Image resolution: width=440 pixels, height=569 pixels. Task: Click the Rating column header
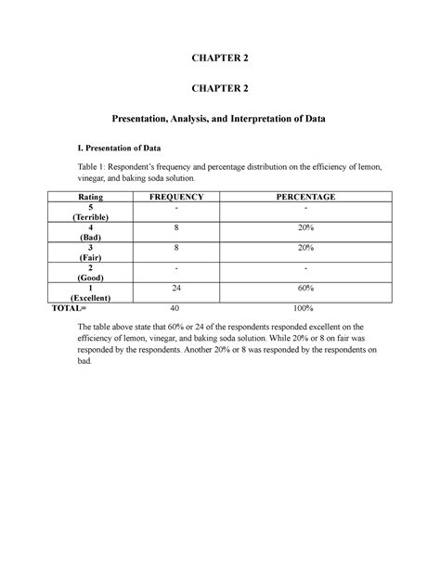click(x=93, y=198)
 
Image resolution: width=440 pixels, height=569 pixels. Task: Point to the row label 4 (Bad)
click(x=93, y=231)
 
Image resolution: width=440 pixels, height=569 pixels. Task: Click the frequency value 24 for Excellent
click(x=176, y=288)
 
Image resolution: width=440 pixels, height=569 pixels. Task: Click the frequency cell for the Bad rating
click(x=176, y=226)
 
